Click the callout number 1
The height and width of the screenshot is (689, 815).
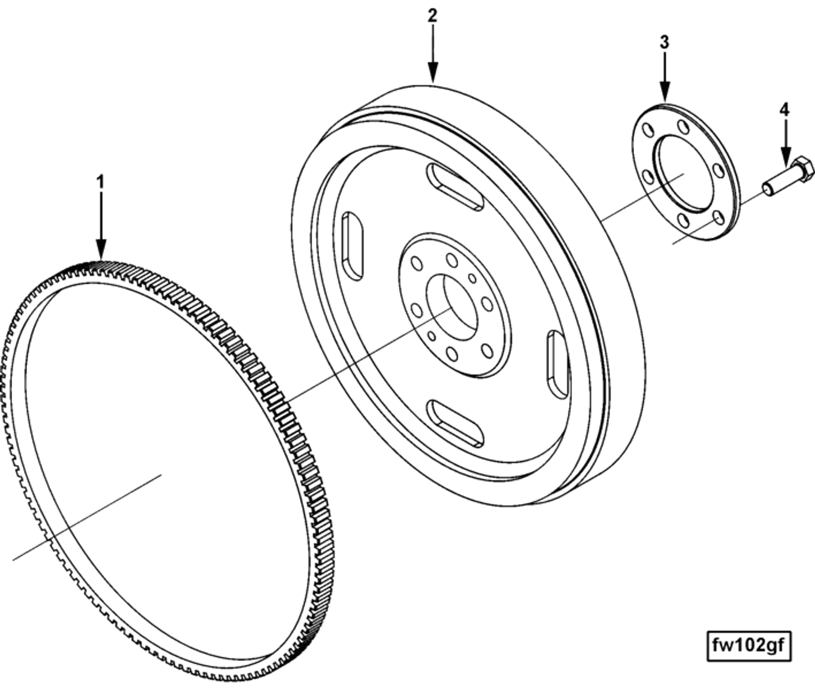pyautogui.click(x=100, y=183)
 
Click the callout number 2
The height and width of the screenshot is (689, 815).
pyautogui.click(x=432, y=16)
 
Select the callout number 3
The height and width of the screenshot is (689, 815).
pyautogui.click(x=665, y=42)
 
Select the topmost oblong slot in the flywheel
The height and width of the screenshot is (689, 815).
pyautogui.click(x=454, y=187)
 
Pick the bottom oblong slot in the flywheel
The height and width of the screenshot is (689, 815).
pyautogui.click(x=455, y=423)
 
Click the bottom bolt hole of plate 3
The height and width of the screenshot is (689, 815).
pyautogui.click(x=683, y=221)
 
